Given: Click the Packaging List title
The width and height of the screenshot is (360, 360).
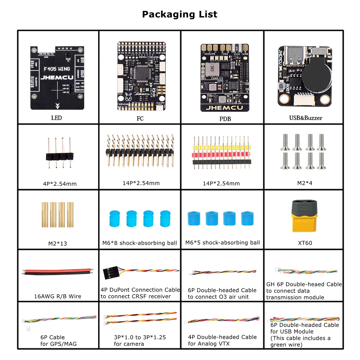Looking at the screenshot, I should tap(180, 14).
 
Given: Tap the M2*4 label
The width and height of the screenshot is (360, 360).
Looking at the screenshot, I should tap(305, 183).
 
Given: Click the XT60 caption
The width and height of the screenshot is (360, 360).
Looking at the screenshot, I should tap(305, 243).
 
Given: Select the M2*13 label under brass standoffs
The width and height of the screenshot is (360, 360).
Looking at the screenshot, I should tap(58, 243).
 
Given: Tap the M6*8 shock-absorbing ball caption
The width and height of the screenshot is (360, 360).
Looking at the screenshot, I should tap(140, 243).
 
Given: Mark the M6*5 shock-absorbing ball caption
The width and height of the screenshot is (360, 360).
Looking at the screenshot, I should tap(222, 243).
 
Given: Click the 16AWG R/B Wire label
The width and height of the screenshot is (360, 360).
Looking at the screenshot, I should tap(58, 296).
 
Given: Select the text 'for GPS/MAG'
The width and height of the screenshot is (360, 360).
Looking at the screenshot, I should tap(58, 344).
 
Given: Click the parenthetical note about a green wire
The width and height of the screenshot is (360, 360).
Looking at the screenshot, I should tap(300, 341).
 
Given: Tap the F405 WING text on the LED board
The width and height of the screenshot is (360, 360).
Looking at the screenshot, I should tap(57, 68).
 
